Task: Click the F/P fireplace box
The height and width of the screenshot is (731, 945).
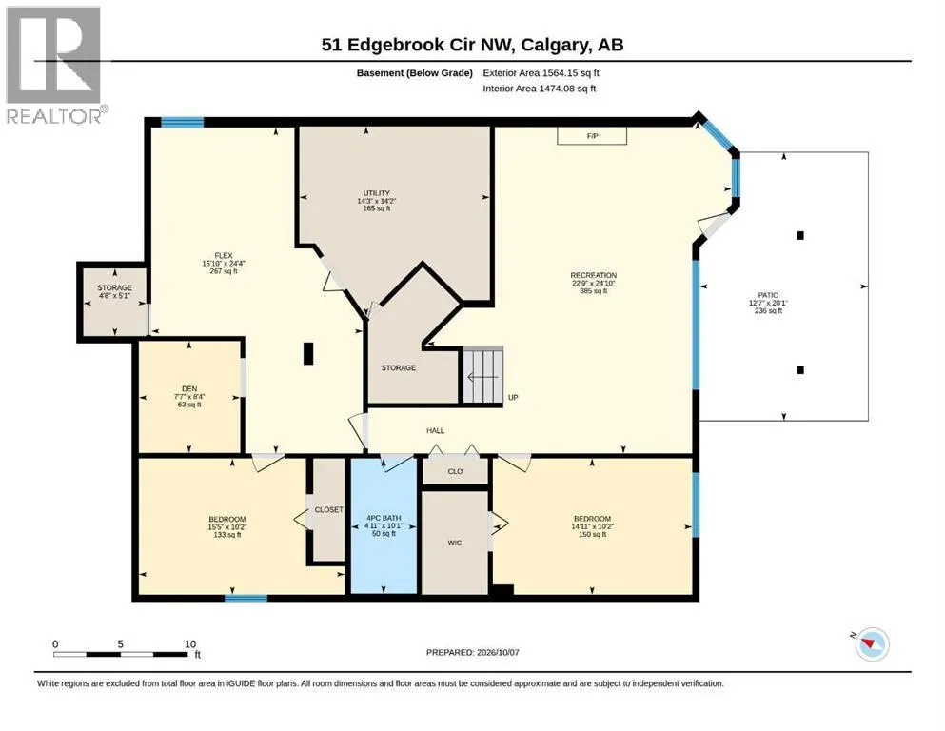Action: point(592,135)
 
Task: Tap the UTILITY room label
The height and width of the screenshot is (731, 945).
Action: point(377,193)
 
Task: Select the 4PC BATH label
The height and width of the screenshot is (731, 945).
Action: point(384,518)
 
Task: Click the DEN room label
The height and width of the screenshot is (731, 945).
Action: point(189,388)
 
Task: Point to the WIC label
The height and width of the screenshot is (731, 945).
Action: point(455,543)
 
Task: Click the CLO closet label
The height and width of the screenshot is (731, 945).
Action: point(455,471)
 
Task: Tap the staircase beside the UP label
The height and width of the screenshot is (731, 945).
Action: point(482,376)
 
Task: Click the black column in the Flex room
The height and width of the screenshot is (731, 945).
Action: point(308,353)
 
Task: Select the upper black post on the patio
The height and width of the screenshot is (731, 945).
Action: point(800,236)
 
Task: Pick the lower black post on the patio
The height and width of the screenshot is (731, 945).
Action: point(800,370)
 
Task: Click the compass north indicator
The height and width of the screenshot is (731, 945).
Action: point(870,644)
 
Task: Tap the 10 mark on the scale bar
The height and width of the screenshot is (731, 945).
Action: point(190,644)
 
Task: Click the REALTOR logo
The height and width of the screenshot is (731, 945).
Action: point(55,65)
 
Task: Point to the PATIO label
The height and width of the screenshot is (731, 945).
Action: point(768,295)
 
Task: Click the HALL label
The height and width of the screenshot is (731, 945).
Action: point(435,431)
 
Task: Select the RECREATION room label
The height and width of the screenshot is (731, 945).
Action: point(594,275)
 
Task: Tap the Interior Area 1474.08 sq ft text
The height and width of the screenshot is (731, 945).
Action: point(540,89)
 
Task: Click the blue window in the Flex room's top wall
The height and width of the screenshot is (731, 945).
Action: point(182,123)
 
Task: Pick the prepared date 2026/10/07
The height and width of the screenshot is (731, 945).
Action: point(497,652)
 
